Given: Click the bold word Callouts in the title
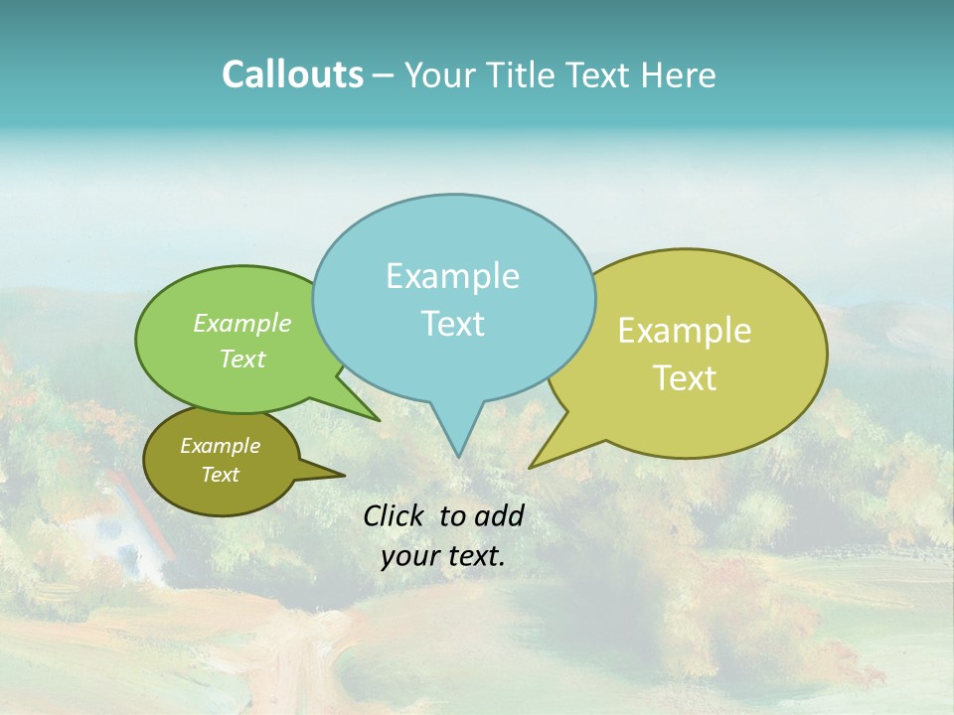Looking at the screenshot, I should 292,74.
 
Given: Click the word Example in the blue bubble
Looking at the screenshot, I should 452,276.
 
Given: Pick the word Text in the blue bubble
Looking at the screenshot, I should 452,324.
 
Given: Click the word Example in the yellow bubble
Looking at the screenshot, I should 685,331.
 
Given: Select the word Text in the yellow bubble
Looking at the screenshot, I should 686,378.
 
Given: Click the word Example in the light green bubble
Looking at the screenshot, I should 242,323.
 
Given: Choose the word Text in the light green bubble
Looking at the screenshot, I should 242,358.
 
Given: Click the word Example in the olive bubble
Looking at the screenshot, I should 220,446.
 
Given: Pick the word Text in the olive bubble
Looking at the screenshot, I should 220,475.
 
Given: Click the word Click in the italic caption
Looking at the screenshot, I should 396,515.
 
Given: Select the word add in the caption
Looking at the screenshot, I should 499,515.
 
